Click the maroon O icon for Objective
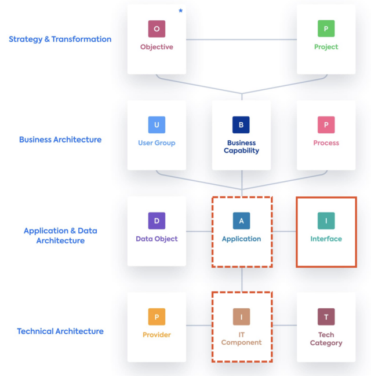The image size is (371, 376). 157,29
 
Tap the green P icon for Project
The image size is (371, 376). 326,29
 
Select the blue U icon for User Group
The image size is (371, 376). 157,125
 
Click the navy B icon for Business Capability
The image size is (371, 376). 241,125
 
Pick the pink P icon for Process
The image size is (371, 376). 326,125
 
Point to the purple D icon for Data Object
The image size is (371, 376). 157,221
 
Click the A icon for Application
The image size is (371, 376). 241,221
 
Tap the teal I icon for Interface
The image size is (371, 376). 326,221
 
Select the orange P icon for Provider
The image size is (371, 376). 157,317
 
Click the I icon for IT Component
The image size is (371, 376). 241,317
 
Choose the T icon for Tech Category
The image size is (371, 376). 326,317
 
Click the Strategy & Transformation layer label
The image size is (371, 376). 60,39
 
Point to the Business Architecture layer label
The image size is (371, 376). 60,140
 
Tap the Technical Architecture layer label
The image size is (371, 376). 60,331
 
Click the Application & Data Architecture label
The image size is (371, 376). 60,235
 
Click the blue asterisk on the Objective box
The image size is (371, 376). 180,11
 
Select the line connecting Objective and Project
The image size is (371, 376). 241,39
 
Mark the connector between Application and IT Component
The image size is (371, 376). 242,279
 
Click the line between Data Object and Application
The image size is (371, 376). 199,232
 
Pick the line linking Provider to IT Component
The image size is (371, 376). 199,325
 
